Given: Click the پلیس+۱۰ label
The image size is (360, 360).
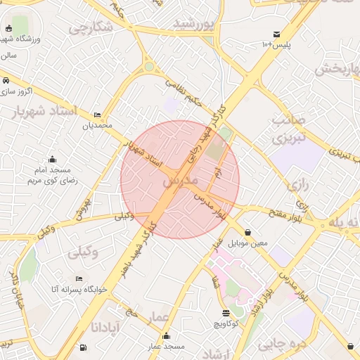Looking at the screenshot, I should pos(276,45).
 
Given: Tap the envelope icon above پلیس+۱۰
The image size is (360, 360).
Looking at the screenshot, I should pos(276,34).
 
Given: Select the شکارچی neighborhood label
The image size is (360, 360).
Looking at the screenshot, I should pos(91,28).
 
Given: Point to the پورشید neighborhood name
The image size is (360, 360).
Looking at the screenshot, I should pos(193,25).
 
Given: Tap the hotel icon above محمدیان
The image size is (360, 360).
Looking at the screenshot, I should pos(97,115).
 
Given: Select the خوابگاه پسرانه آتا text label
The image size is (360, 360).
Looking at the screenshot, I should pos(79,289).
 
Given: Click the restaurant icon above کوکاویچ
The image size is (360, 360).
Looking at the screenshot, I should pos(226,313).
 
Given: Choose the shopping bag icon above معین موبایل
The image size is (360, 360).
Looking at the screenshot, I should pos(247,233).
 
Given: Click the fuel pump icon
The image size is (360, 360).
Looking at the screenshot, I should pos(83,347).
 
